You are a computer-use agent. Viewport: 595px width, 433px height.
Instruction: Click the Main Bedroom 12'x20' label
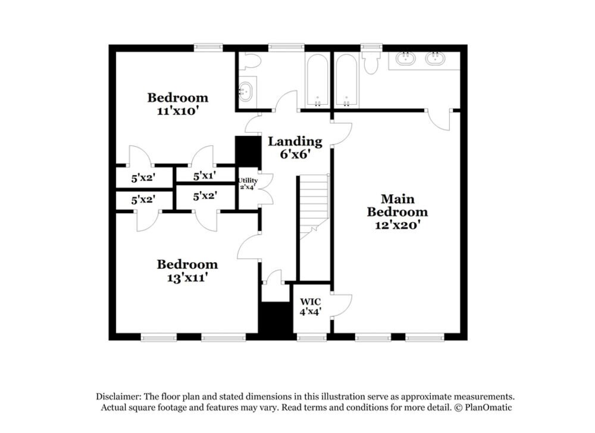point(397,211)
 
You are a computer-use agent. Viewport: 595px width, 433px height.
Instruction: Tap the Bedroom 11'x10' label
point(178,104)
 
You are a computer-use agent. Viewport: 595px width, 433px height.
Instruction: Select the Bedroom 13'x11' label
point(187,270)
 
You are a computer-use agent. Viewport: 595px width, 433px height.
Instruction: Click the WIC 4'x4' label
point(310,306)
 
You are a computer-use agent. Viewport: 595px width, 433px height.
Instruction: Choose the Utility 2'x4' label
point(248,183)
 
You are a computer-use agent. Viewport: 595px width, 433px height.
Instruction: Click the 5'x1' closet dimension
point(205,176)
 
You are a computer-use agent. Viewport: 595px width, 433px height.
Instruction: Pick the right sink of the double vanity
point(436,59)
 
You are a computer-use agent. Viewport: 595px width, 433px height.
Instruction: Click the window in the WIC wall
point(308,338)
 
